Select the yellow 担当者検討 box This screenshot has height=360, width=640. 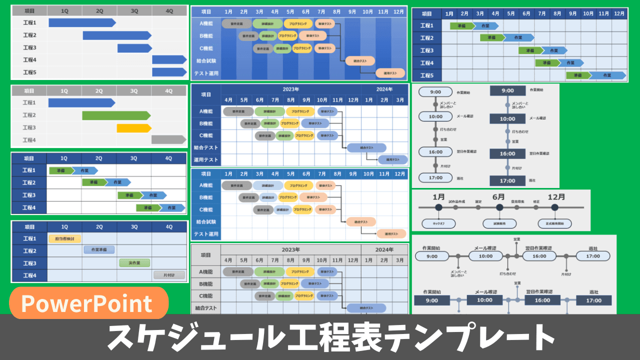click(x=64, y=238)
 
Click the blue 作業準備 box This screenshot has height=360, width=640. click(x=99, y=250)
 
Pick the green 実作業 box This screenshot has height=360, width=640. click(x=134, y=262)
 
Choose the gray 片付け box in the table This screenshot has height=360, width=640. click(x=169, y=274)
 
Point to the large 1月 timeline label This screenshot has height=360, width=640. click(x=438, y=196)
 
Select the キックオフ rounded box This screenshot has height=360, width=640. click(x=438, y=223)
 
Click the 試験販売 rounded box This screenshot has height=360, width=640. click(x=499, y=223)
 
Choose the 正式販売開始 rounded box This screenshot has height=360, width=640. click(x=555, y=223)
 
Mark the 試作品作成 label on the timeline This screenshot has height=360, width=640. click(x=457, y=201)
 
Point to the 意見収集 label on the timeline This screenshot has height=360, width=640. click(x=517, y=201)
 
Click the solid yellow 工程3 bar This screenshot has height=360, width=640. click(x=134, y=128)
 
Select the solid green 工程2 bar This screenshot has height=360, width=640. click(x=116, y=115)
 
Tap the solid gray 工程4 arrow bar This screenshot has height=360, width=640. click(x=168, y=139)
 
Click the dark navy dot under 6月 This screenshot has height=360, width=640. click(x=499, y=207)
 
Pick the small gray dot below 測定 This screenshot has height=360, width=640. click(x=478, y=207)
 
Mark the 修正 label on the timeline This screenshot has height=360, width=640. click(x=536, y=201)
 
